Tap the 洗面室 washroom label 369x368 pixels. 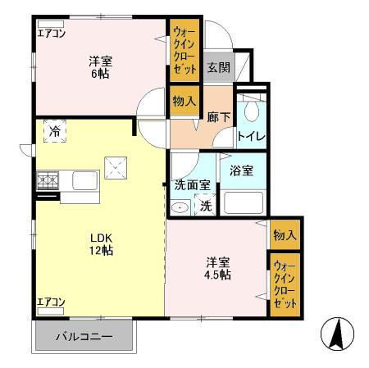(x=193, y=185)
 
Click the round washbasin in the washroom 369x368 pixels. (x=180, y=207)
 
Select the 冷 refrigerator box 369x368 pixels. (x=54, y=130)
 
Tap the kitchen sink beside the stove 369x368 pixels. (x=84, y=179)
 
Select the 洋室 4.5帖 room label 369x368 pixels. (x=218, y=268)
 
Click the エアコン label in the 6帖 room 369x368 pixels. (x=51, y=34)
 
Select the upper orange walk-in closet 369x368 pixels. (x=184, y=50)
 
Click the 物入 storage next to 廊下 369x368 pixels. (x=184, y=101)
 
